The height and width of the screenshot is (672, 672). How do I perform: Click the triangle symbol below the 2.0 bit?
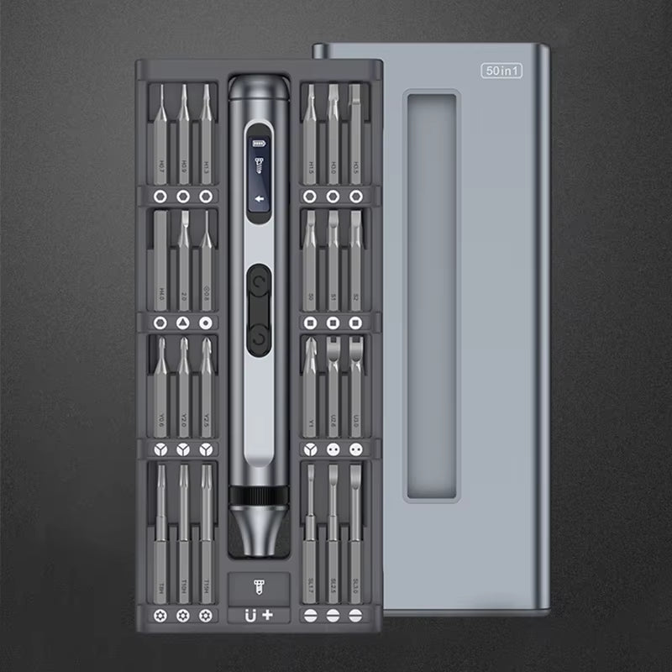pos(183,323)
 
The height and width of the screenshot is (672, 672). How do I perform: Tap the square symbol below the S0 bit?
pos(310,323)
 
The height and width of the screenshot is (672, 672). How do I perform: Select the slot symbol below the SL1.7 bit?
pos(310,615)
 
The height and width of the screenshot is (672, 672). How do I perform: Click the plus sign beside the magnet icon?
pos(268,615)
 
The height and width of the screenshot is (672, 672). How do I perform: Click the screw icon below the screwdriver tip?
pos(258,584)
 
